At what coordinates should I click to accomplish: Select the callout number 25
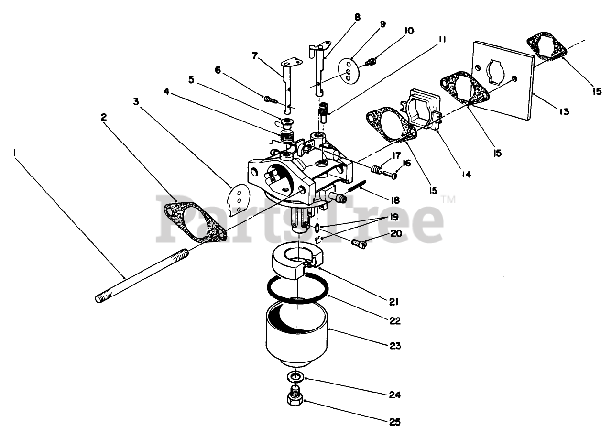(394, 422)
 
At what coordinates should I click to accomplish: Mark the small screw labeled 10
(372, 62)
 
